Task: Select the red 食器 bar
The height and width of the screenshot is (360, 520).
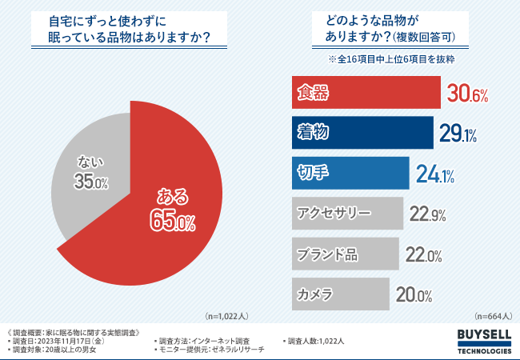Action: coord(363,93)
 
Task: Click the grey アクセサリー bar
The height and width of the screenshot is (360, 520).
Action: coord(344,214)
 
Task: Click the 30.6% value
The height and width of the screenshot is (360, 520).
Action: coord(467,94)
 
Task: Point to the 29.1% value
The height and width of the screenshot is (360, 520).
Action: coord(458,134)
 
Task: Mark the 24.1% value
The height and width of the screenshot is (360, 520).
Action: coord(435,174)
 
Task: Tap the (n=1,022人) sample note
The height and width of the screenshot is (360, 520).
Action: coord(228,316)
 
